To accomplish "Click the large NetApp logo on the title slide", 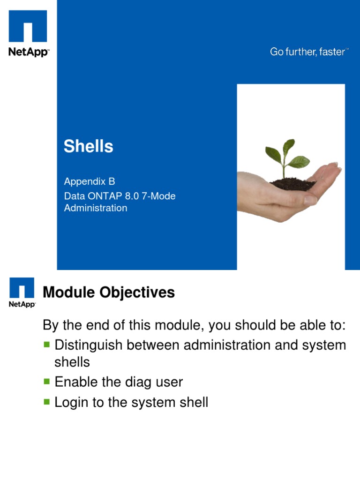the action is pyautogui.click(x=28, y=33).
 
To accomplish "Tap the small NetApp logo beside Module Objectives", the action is pyautogui.click(x=22, y=292).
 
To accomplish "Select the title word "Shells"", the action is pyautogui.click(x=89, y=146).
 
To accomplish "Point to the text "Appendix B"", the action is pyautogui.click(x=90, y=181).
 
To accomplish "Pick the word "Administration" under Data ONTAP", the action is pyautogui.click(x=96, y=208).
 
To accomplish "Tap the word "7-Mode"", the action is pyautogui.click(x=158, y=196).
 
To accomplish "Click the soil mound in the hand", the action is pyautogui.click(x=292, y=184).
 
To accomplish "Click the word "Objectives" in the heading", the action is pyautogui.click(x=137, y=292).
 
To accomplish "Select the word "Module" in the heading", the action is pyautogui.click(x=69, y=292).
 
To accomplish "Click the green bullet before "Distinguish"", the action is pyautogui.click(x=46, y=345).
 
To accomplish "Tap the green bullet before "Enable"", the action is pyautogui.click(x=46, y=382).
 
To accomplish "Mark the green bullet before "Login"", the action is pyautogui.click(x=46, y=402).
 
